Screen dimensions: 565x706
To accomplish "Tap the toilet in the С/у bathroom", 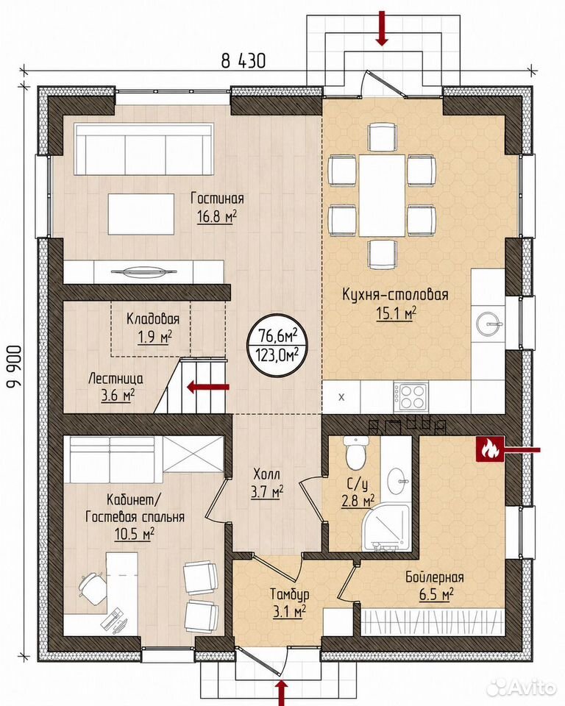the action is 355,452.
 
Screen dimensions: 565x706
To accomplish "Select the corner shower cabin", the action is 386,527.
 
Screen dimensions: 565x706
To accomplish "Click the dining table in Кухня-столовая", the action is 382,195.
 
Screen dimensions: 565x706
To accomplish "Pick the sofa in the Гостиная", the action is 143,150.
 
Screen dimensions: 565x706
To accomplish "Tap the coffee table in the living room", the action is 141,214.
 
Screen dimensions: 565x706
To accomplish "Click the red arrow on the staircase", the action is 208,386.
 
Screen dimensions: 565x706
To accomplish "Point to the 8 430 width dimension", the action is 243,60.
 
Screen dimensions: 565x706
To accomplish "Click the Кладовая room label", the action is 153,318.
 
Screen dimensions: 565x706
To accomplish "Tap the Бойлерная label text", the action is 434,577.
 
